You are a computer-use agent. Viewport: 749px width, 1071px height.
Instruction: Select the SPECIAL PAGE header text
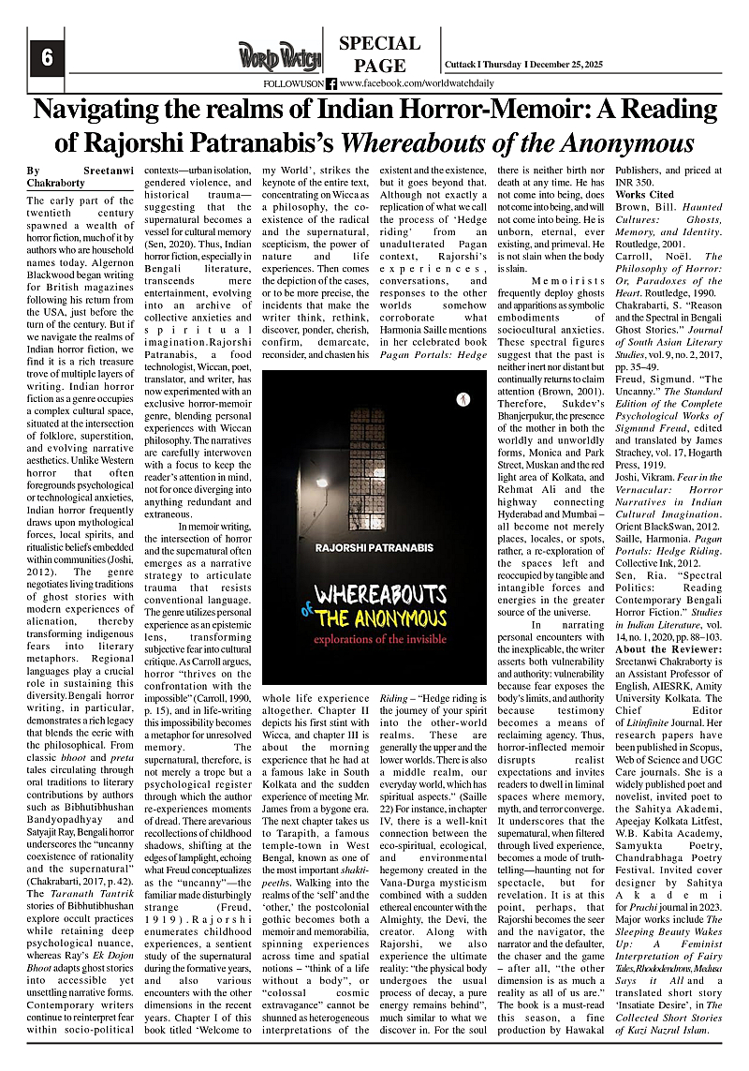tap(379, 54)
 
